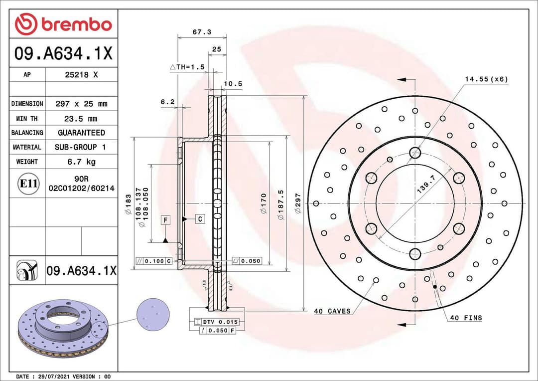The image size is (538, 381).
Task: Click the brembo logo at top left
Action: point(63,24)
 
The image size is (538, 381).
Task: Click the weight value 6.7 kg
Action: point(81,162)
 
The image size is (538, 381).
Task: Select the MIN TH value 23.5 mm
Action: point(81,119)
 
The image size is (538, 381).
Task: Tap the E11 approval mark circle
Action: point(28,184)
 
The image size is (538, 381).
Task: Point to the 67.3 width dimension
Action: point(202,32)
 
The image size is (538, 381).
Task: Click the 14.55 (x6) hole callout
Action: point(486,79)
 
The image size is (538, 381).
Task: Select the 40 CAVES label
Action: point(332,311)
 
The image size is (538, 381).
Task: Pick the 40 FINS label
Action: point(466,318)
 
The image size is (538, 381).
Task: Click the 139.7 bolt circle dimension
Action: point(426,188)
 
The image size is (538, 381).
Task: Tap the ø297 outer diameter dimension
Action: point(298,203)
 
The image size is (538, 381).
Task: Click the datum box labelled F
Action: point(165,219)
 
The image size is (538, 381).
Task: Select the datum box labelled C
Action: point(200,218)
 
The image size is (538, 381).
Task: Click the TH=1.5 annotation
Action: point(187,67)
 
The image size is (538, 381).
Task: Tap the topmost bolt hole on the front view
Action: point(414,153)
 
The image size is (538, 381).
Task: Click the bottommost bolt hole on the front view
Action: point(414,254)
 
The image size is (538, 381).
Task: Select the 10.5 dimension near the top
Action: point(233,84)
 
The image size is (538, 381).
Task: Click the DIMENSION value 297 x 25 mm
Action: point(81,104)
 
